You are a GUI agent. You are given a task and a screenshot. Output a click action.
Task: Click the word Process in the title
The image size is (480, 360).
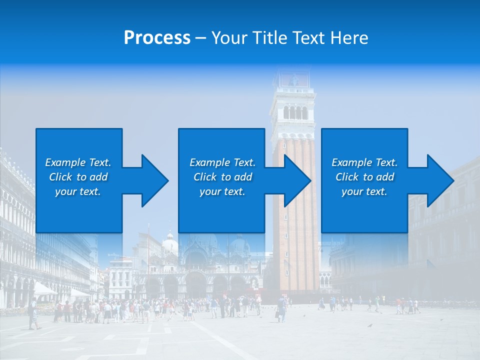157,38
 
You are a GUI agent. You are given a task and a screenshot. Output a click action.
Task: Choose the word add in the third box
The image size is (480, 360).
385,177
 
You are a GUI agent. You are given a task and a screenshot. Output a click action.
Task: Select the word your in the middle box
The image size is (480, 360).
210,191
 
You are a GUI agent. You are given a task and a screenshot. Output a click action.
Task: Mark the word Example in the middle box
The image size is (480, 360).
209,162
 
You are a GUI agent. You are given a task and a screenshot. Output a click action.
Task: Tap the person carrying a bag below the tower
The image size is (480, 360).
281,308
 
